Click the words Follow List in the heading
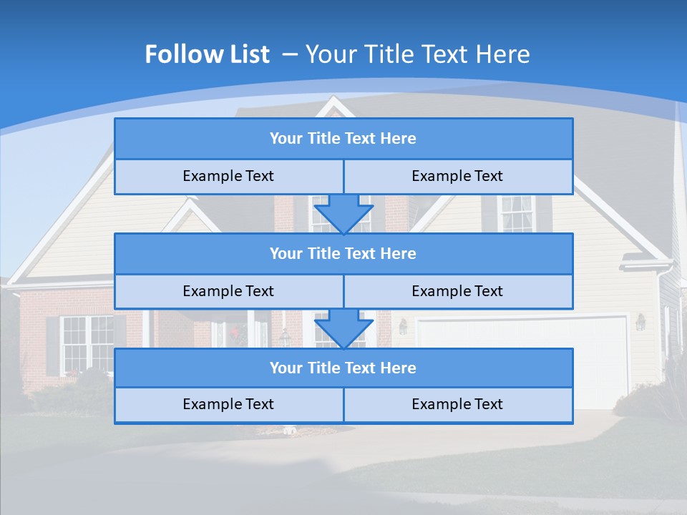pos(207,54)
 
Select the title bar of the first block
pos(343,139)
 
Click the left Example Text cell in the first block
pos(228,177)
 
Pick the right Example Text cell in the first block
pos(457,177)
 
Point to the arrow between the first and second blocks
pos(343,213)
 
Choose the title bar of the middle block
pos(343,254)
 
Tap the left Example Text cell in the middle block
pos(228,292)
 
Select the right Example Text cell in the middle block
pos(457,292)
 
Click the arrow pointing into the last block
pos(343,328)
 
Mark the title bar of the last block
pos(343,368)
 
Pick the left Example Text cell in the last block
pos(228,405)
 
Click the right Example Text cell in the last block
pos(457,405)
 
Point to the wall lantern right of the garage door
pos(640,323)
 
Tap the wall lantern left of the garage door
pos(403,326)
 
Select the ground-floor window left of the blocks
pos(87,344)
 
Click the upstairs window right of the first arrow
pos(516,212)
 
